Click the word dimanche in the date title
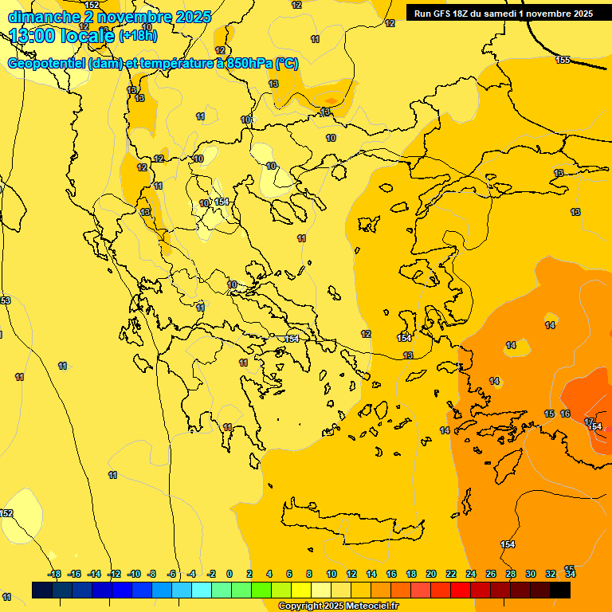click(43, 17)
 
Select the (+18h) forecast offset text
click(138, 36)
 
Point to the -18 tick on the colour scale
click(54, 574)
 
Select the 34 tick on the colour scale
click(571, 574)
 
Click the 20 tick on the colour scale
click(431, 574)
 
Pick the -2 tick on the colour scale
click(211, 574)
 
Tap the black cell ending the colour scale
click(560, 590)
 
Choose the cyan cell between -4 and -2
click(201, 590)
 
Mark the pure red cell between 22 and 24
click(461, 590)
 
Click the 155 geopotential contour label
click(563, 60)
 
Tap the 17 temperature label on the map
click(589, 421)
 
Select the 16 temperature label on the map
click(565, 414)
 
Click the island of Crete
click(351, 523)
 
